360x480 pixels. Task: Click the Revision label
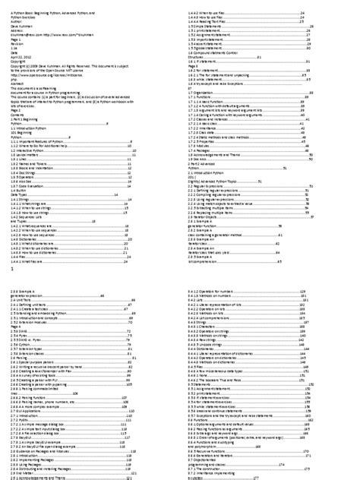pyautogui.click(x=19, y=42)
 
